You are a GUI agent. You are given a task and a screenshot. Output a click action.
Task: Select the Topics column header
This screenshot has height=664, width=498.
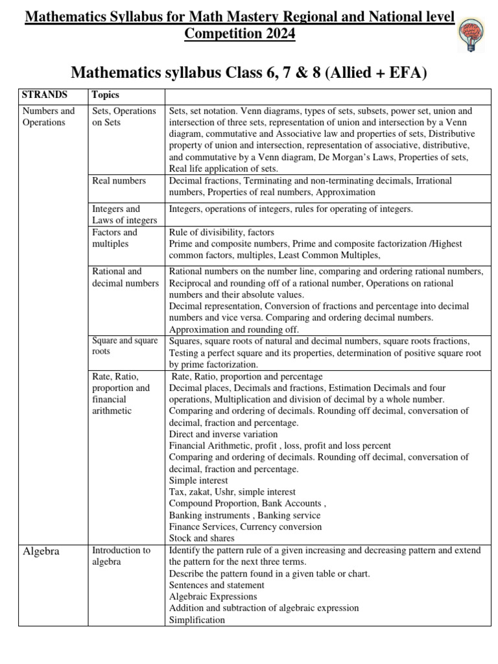click(x=105, y=95)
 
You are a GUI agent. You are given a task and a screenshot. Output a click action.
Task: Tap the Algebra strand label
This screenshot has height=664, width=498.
click(x=41, y=551)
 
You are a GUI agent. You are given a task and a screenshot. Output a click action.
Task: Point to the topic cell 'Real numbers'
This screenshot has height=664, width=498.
click(x=119, y=180)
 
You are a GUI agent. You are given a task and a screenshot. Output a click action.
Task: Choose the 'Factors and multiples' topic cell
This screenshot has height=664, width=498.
click(x=115, y=238)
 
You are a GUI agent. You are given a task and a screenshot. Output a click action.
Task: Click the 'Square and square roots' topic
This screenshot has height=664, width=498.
click(x=124, y=346)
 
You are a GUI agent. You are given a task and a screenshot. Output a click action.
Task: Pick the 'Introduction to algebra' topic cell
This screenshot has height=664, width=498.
click(x=121, y=556)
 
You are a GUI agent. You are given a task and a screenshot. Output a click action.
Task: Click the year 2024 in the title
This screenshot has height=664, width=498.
click(x=275, y=34)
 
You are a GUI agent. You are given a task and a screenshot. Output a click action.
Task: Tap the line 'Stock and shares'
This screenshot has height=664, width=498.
click(x=202, y=538)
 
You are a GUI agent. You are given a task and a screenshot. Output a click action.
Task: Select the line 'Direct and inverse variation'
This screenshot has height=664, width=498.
click(x=223, y=434)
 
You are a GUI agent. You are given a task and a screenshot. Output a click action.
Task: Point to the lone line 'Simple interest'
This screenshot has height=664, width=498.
click(x=198, y=480)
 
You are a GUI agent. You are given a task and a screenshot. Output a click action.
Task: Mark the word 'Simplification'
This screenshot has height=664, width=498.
click(x=197, y=620)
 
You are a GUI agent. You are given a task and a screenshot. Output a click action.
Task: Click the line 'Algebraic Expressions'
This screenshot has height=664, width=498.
click(x=213, y=597)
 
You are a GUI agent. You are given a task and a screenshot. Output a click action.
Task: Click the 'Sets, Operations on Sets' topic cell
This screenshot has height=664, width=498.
click(x=124, y=117)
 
